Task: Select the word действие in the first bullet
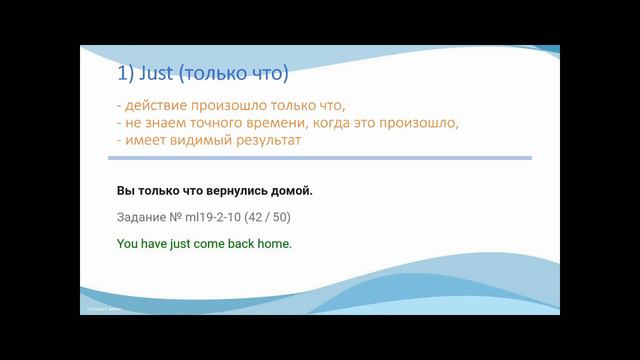(157, 107)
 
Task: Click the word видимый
(208, 141)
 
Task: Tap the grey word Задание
(143, 217)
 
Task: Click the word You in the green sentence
(128, 243)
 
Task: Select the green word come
(210, 243)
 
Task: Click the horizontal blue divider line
(320, 158)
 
